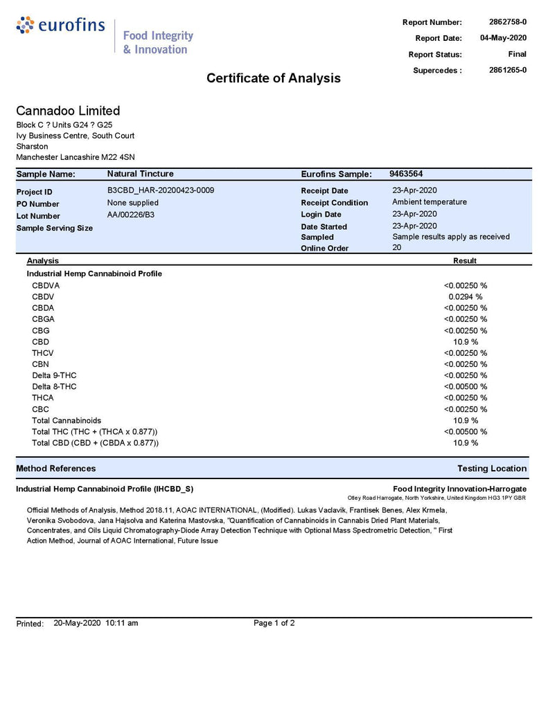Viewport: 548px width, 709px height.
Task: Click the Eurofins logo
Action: click(x=60, y=27)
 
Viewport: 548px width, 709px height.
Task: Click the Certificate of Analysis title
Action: click(x=273, y=78)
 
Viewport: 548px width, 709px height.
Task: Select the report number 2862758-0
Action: click(x=507, y=22)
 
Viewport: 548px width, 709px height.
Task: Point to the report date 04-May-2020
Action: click(x=503, y=38)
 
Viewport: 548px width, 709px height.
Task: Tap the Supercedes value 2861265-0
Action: click(x=507, y=70)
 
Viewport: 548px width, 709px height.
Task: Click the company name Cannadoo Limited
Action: click(x=68, y=111)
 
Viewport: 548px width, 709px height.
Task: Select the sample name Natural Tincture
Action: click(x=141, y=174)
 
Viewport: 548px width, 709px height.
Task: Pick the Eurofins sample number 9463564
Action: click(x=406, y=174)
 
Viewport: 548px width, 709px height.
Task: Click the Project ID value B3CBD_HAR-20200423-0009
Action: click(x=161, y=190)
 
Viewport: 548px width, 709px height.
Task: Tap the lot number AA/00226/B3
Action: click(x=131, y=215)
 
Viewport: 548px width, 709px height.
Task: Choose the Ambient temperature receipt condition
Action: click(x=430, y=202)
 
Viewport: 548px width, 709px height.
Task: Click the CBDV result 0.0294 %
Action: click(x=466, y=296)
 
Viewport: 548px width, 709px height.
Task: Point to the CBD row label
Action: click(x=40, y=341)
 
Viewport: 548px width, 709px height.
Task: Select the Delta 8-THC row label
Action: click(x=54, y=386)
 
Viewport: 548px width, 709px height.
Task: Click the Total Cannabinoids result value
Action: click(x=466, y=420)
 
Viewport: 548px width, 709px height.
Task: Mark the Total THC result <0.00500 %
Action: click(x=466, y=431)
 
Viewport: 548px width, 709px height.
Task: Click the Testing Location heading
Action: click(x=492, y=469)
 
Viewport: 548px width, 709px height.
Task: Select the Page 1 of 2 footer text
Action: click(x=274, y=623)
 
